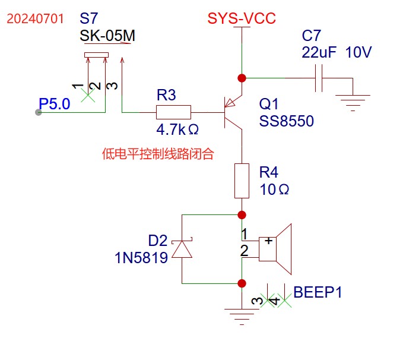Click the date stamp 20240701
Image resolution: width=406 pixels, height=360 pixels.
pyautogui.click(x=35, y=18)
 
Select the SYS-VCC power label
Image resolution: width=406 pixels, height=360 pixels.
pyautogui.click(x=242, y=18)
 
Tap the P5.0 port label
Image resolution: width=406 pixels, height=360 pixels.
pyautogui.click(x=55, y=105)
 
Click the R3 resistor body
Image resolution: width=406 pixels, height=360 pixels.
pyautogui.click(x=173, y=112)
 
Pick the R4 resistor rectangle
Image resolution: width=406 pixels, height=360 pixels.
pyautogui.click(x=242, y=181)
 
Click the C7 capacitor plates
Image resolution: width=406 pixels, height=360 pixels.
pyautogui.click(x=319, y=78)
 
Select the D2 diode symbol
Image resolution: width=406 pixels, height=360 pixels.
pyautogui.click(x=182, y=250)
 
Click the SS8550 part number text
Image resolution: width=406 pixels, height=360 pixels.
pyautogui.click(x=287, y=121)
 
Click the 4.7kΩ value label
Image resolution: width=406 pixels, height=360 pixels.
pyautogui.click(x=177, y=129)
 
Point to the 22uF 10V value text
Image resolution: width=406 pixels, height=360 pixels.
pyautogui.click(x=337, y=52)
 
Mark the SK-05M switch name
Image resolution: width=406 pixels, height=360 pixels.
pyautogui.click(x=107, y=36)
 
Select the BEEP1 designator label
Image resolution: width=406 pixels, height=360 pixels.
pyautogui.click(x=318, y=292)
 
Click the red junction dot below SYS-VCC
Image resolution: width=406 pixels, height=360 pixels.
pyautogui.click(x=242, y=78)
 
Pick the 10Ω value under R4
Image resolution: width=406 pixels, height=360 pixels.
pyautogui.click(x=274, y=190)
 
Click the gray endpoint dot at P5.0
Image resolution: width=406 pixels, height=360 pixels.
pyautogui.click(x=39, y=112)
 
